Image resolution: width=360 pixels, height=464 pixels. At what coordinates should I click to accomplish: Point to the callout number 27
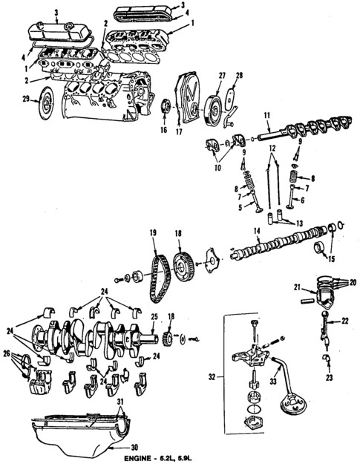221,76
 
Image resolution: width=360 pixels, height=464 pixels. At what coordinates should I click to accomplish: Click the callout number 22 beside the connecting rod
344,321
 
